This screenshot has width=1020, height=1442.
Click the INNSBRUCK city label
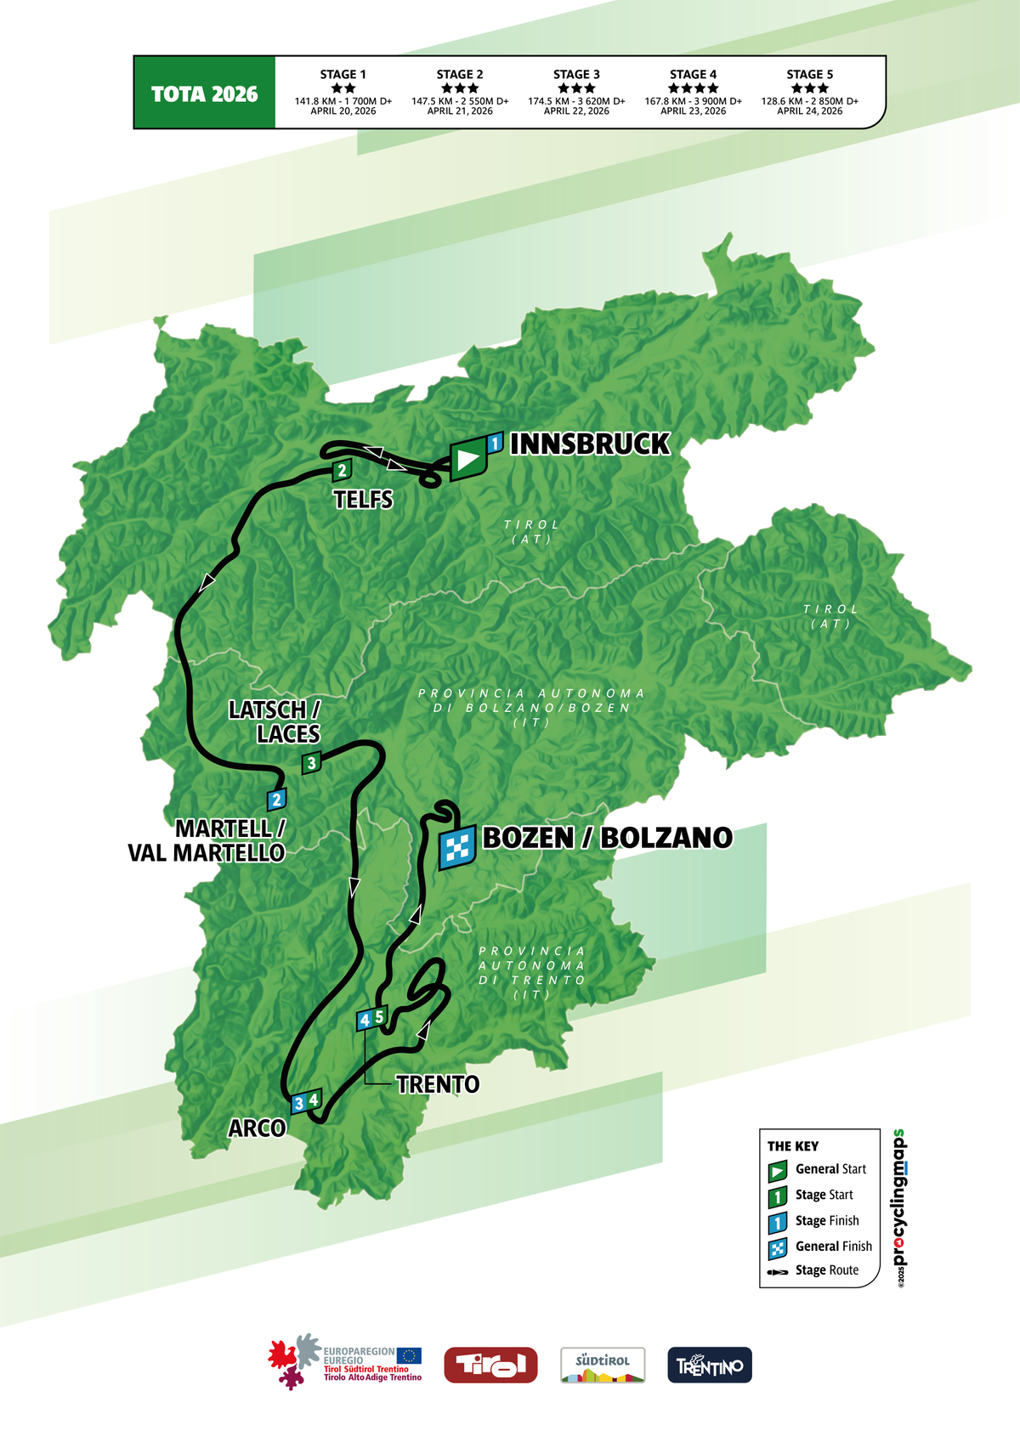coord(589,444)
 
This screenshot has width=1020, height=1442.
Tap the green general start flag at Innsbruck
coord(467,461)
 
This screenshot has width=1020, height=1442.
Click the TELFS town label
coord(363,500)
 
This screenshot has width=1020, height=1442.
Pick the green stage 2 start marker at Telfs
coord(341,471)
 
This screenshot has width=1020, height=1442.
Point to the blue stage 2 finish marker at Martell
coord(276,800)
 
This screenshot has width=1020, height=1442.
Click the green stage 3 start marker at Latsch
coord(312,763)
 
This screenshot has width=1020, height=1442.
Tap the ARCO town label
coord(257,1128)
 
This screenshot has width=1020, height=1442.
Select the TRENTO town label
coord(438,1084)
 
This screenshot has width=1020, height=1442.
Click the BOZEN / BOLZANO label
coord(607,838)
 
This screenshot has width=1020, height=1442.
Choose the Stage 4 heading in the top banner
coord(693,75)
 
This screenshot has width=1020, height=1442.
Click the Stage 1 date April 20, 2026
coord(343,111)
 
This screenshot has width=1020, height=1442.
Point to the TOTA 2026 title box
coord(205,93)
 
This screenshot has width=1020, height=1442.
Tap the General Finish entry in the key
coord(833,1246)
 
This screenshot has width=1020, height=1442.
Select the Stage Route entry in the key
coord(826,1270)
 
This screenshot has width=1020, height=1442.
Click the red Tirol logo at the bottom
coord(490,1365)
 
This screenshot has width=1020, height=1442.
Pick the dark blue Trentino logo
coord(710,1365)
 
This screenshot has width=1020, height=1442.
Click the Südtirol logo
coord(603,1365)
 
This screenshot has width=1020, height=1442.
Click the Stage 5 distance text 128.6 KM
coord(785,101)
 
